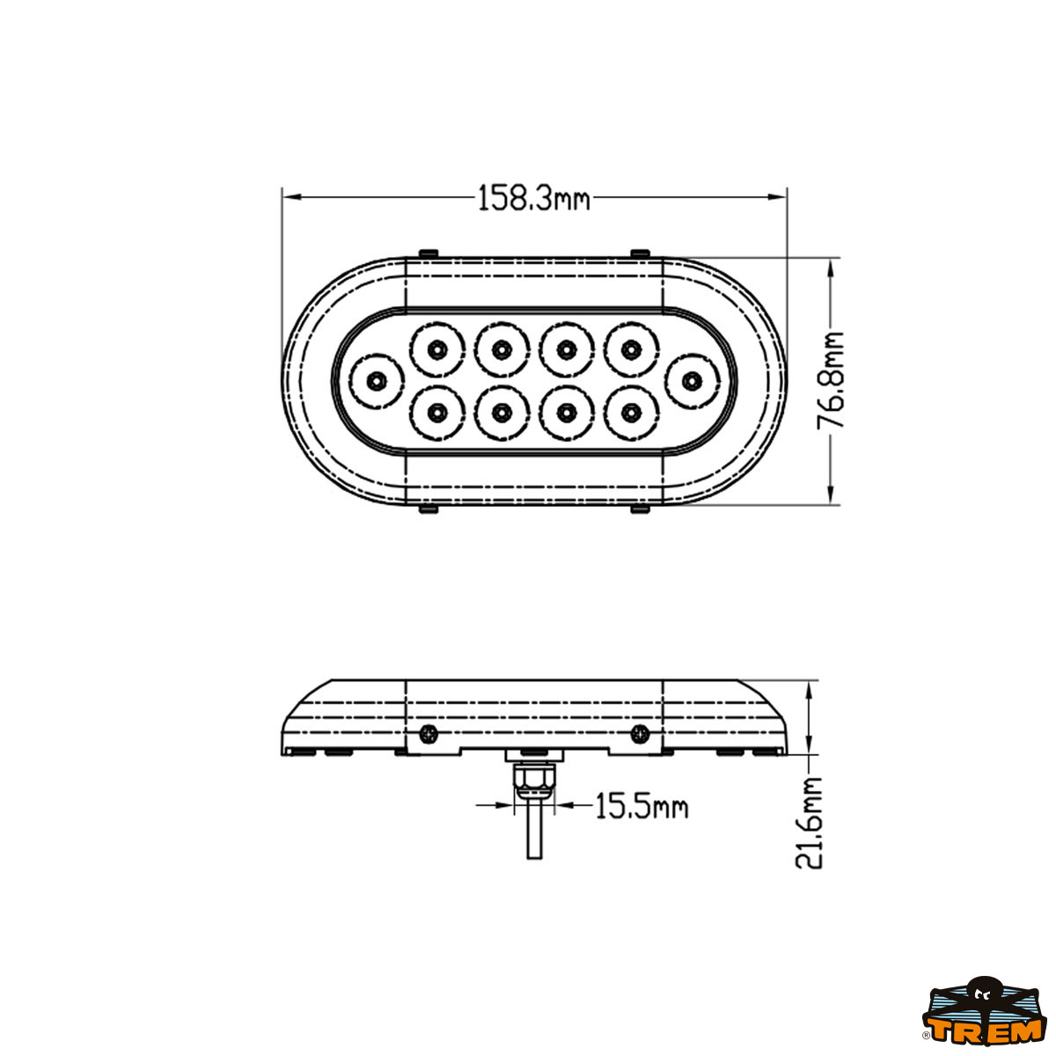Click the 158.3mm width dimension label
(x=533, y=199)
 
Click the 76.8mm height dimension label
(x=831, y=380)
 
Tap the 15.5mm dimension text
(x=641, y=805)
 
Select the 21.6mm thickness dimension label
(x=809, y=823)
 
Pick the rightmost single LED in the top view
(x=693, y=381)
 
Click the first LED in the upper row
(x=436, y=349)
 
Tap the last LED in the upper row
(x=630, y=349)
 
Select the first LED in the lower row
(x=436, y=412)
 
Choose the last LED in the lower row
(x=630, y=412)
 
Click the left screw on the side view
(x=428, y=732)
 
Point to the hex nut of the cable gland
(x=533, y=777)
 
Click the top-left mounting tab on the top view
(x=429, y=253)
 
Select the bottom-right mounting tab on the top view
(x=640, y=509)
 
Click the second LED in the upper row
(x=501, y=349)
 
